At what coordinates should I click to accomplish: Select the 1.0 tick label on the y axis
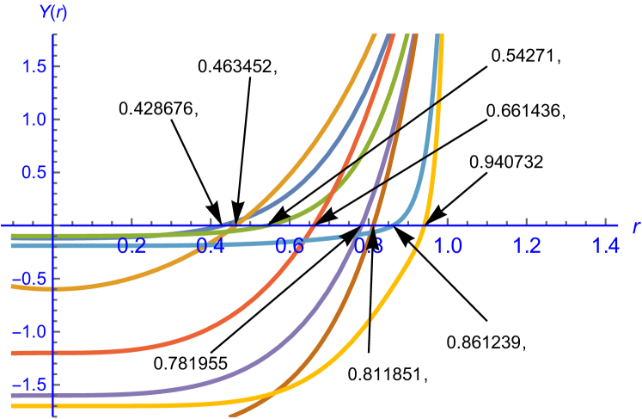point(29,120)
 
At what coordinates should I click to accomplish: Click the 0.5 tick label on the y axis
point(29,172)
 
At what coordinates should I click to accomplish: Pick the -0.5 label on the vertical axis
point(26,279)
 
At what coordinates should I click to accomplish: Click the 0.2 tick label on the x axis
point(131,246)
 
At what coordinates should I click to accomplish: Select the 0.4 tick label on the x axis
point(211,246)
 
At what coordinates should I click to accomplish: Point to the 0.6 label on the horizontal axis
point(290,246)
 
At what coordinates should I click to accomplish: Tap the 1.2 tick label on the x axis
point(527,246)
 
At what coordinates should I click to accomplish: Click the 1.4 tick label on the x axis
point(606,246)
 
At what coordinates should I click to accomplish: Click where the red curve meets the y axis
point(53,353)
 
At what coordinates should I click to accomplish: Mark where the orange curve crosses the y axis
point(53,288)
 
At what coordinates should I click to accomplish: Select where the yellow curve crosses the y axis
point(53,404)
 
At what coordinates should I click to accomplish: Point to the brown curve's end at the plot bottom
point(231,416)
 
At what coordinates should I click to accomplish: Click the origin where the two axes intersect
point(53,225)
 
